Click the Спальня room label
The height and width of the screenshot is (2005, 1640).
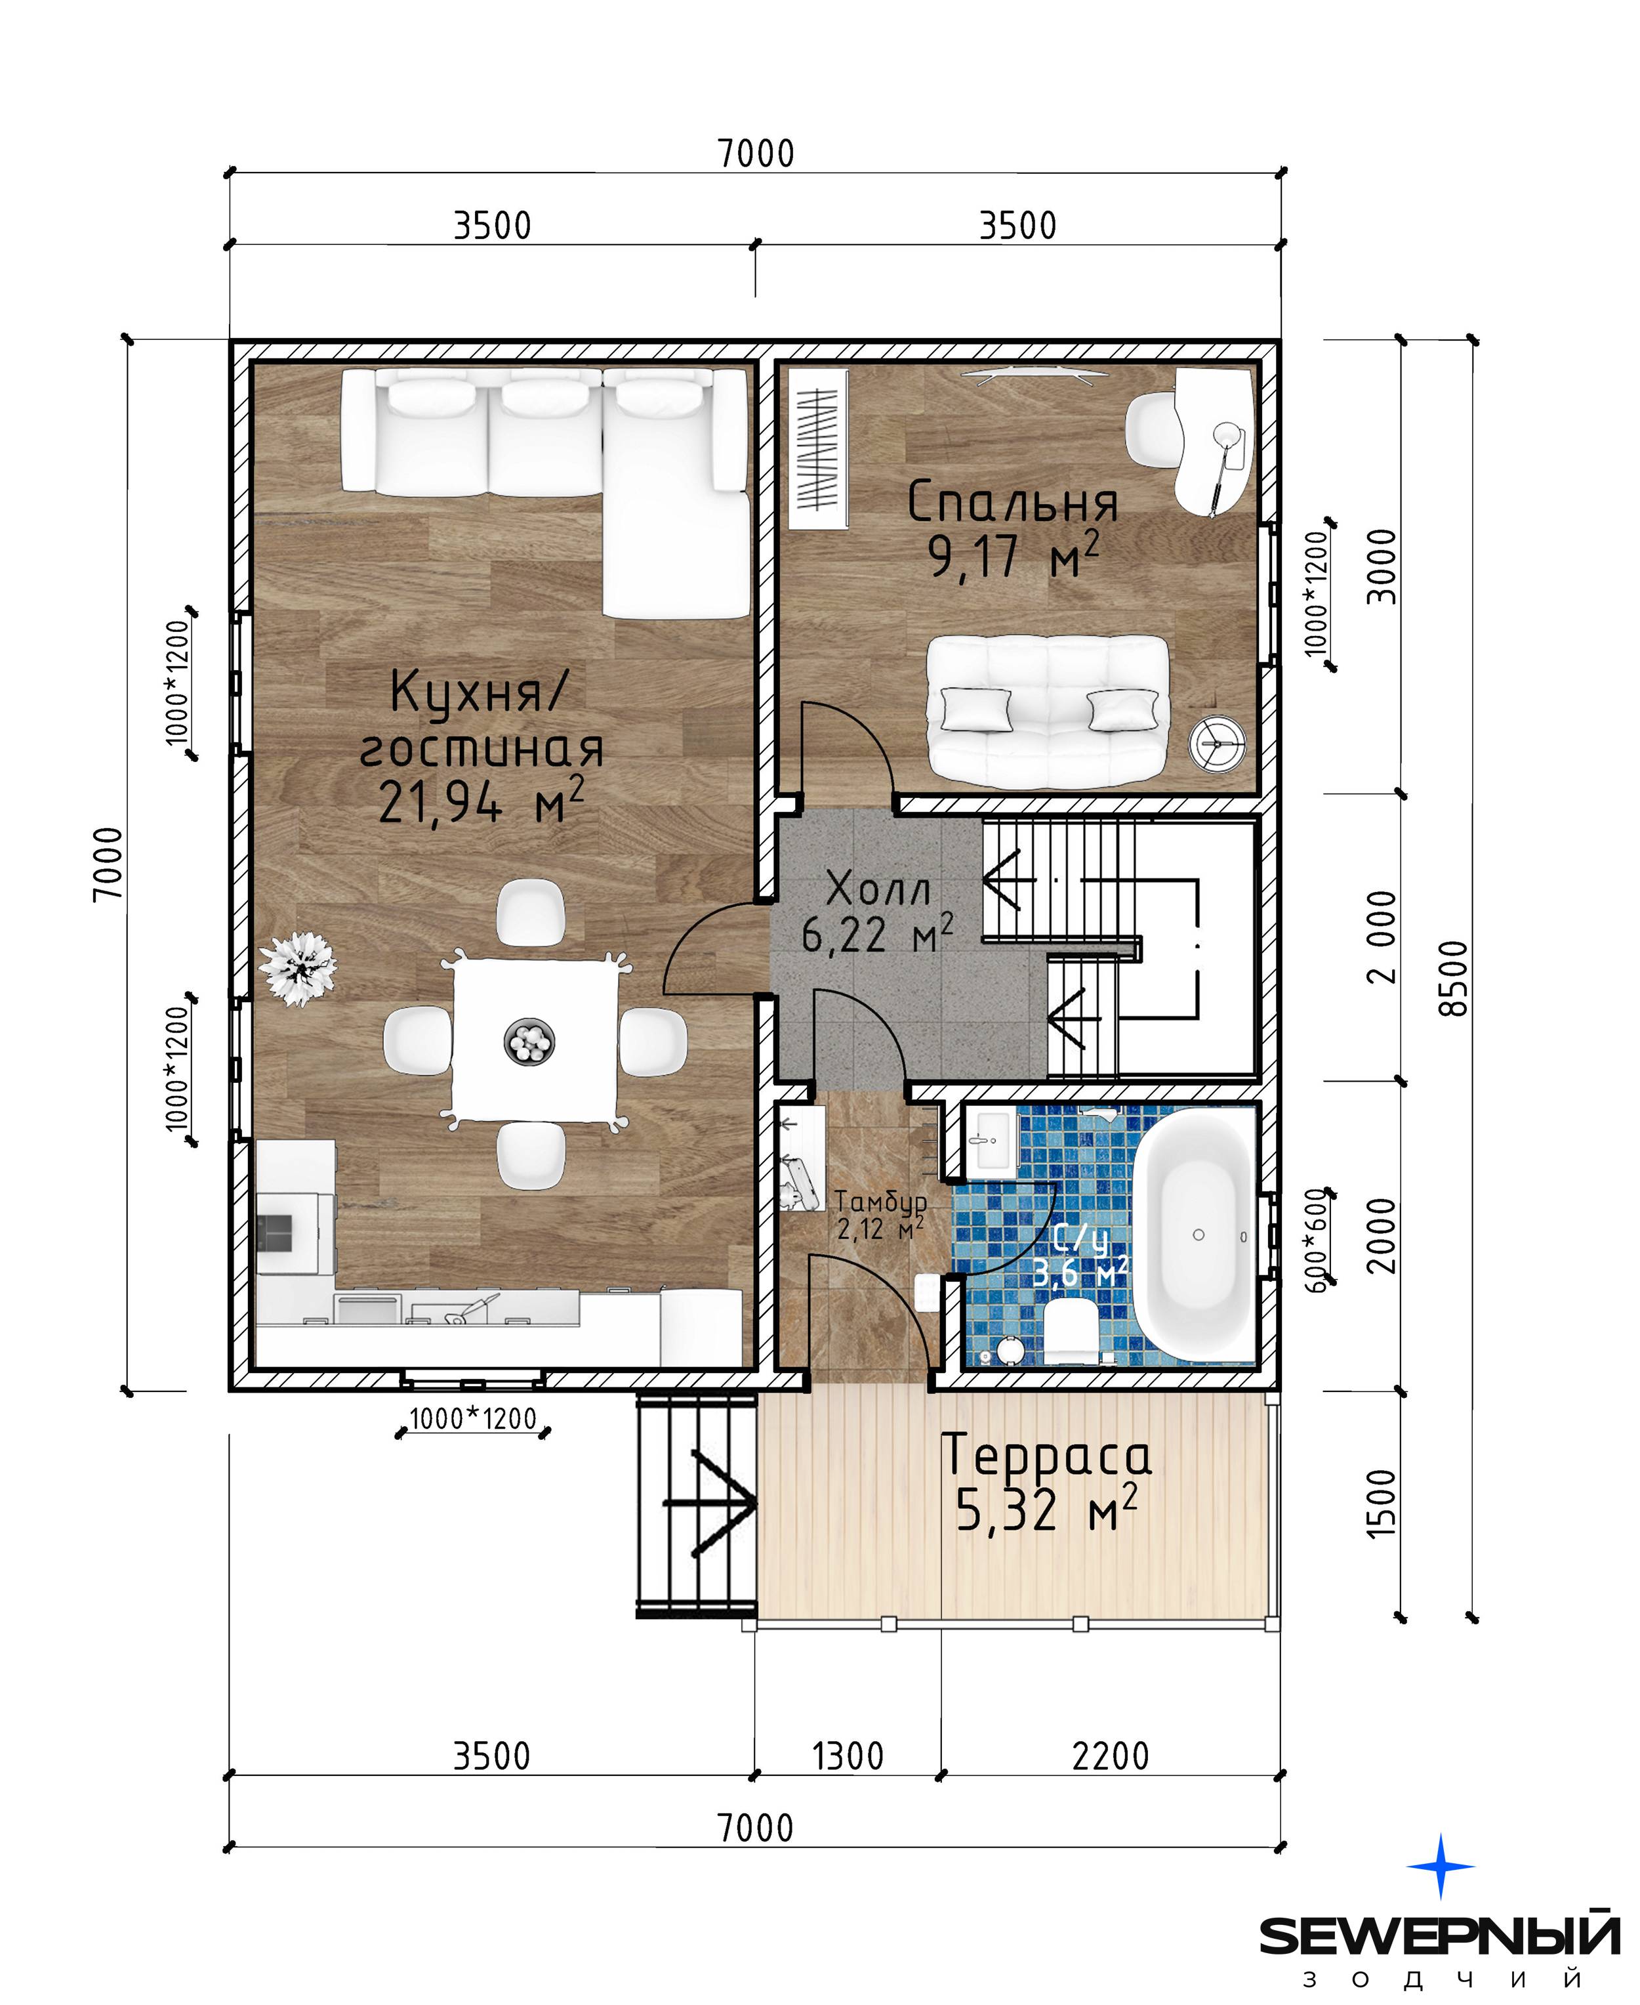point(1013,503)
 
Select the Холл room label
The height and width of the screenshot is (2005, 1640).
point(878,889)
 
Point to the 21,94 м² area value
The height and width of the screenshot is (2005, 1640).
point(481,802)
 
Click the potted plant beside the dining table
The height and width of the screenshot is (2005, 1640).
point(298,969)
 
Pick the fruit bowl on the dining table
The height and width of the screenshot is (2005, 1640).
point(529,1042)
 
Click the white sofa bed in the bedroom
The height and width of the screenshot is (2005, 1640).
point(1048,711)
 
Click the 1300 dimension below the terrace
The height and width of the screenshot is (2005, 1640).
point(848,1756)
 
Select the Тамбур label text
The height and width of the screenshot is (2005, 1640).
point(880,1201)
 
